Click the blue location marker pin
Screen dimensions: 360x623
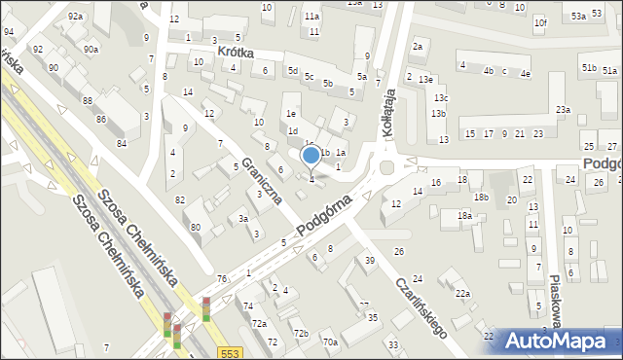tap(311, 156)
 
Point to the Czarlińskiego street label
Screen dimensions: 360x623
tap(421, 303)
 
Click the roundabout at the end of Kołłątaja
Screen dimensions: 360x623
tap(387, 167)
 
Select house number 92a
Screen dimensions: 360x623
tap(76, 17)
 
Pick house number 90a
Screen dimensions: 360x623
tap(91, 50)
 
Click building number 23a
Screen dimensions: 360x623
tap(563, 110)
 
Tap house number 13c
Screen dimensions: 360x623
tap(441, 98)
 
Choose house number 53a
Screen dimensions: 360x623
tap(579, 17)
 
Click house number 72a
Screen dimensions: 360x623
tap(259, 323)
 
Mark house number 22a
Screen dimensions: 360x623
tap(462, 294)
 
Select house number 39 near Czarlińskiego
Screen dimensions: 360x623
tap(370, 260)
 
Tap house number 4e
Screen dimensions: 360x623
tap(526, 73)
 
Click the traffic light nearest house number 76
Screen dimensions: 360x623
tap(206, 309)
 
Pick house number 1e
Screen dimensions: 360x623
tap(291, 112)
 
